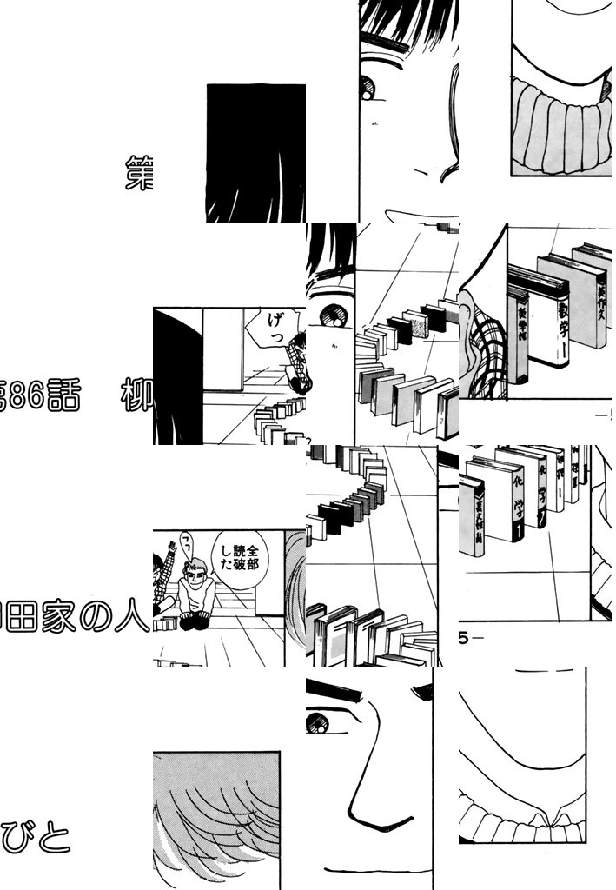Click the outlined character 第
click(x=140, y=174)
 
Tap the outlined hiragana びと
click(x=35, y=839)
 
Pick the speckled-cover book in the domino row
click(x=418, y=325)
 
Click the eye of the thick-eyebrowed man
click(x=317, y=721)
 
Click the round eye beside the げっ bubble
click(x=331, y=311)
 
